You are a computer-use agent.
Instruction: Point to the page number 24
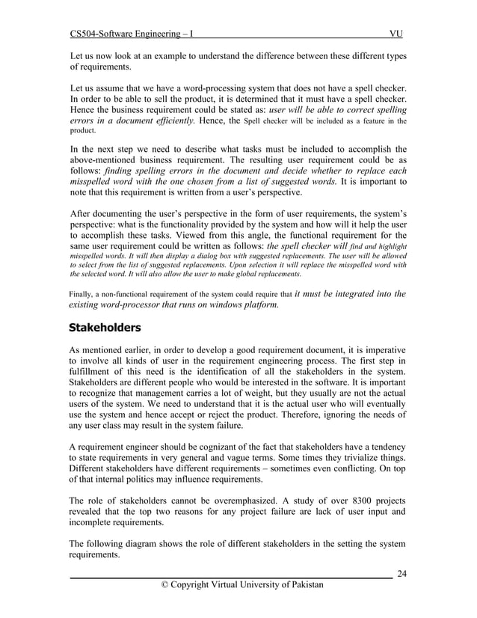401,574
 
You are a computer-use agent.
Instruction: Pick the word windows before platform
205,305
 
